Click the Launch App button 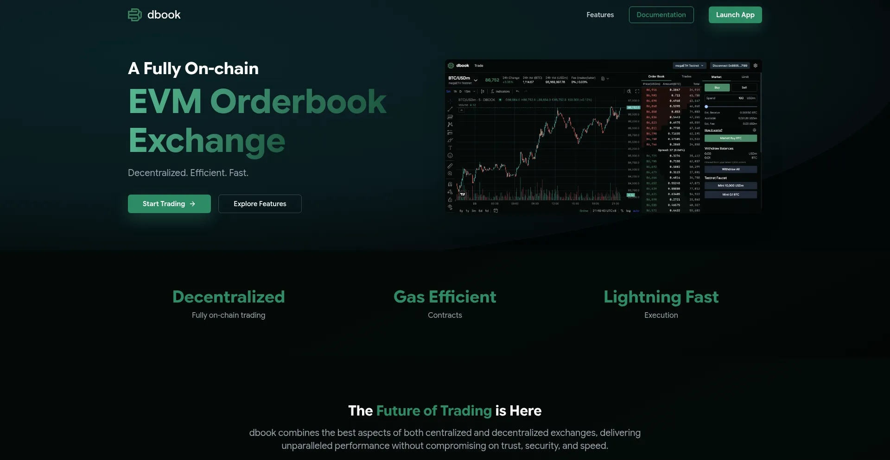735,15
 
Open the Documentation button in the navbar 661,15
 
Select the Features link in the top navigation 600,15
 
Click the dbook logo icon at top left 134,15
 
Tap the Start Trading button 169,204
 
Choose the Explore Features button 260,204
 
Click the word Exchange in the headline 207,141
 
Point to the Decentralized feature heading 229,297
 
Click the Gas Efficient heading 445,297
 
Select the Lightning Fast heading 661,297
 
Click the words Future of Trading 433,411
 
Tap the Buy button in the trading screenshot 717,88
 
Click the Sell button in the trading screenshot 744,88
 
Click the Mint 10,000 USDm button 731,186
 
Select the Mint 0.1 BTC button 731,195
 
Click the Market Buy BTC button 731,138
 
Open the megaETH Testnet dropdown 689,66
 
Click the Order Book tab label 656,76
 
